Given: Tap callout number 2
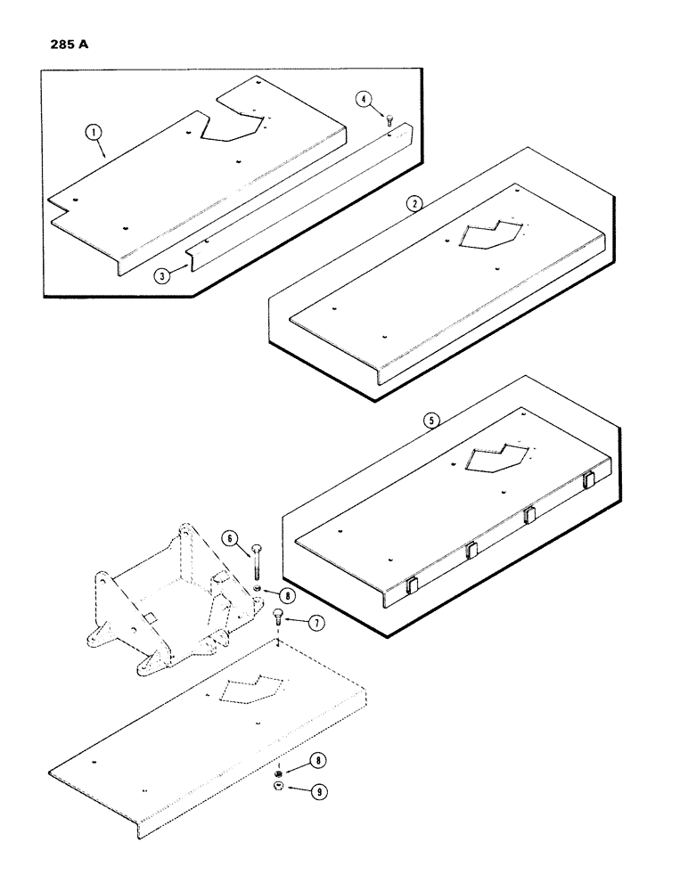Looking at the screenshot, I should [x=413, y=203].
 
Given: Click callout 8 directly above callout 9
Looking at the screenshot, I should [x=315, y=762].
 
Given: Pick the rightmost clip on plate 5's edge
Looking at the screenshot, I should [x=587, y=481].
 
